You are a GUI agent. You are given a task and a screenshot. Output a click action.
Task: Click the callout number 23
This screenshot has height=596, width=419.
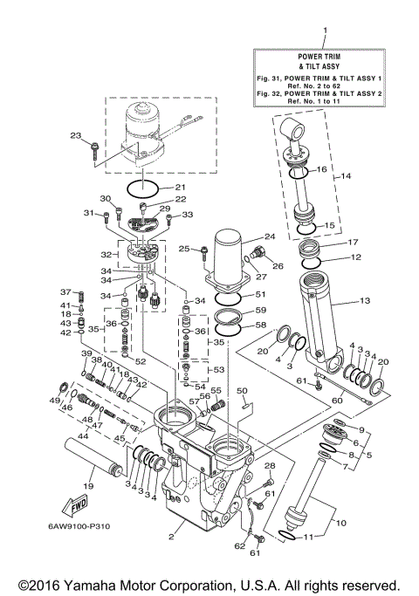tap(75, 135)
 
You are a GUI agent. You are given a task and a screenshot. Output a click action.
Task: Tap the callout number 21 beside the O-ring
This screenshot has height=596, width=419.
tap(181, 187)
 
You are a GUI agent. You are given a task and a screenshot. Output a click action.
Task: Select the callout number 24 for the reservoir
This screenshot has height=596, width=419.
tap(270, 236)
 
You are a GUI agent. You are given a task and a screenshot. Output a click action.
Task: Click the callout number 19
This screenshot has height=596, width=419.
tap(88, 485)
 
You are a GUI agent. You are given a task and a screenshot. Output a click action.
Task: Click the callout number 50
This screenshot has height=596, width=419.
tap(243, 390)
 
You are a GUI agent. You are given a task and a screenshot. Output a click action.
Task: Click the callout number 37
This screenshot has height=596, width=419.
tap(64, 291)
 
